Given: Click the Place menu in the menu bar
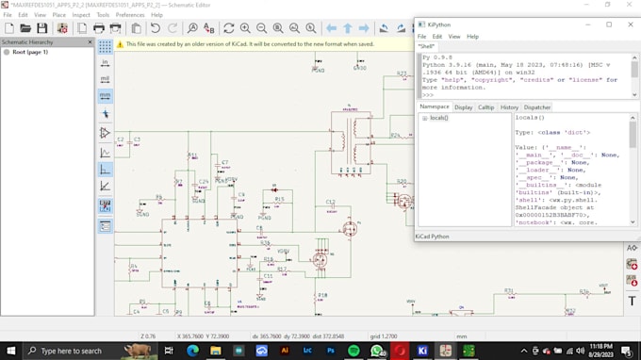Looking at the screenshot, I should tap(58, 15).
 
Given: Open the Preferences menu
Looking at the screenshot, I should tap(130, 15).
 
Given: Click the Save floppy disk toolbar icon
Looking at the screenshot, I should tap(42, 28).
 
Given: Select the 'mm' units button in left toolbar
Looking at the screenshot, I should tap(105, 95).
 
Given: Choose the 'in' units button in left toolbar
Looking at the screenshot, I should tap(105, 62).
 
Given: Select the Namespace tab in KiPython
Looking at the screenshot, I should tap(434, 107).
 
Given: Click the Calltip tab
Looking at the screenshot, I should tap(485, 107).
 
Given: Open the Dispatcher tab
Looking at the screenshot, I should tap(537, 107).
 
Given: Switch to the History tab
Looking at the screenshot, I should tap(509, 107).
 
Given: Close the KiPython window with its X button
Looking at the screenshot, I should tap(631, 25).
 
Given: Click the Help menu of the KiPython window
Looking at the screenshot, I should tap(472, 37).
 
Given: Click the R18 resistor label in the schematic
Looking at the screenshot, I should tap(268, 258).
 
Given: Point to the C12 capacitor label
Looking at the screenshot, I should tap(330, 202).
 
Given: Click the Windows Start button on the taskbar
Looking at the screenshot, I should tap(11, 351).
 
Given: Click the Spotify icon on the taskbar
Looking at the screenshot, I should tap(354, 351).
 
